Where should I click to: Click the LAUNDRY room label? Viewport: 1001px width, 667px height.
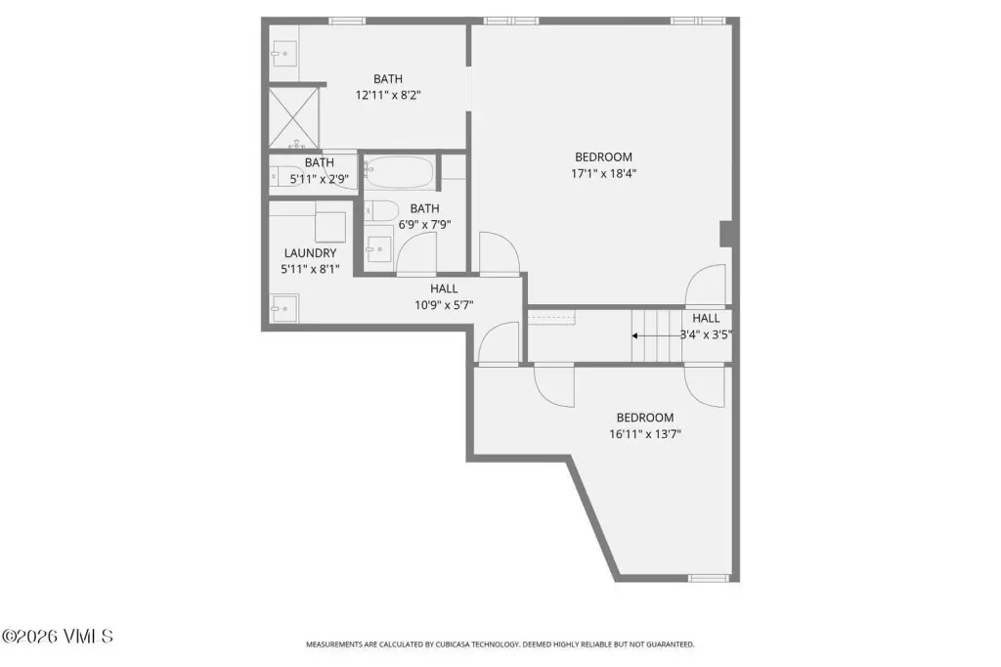tap(310, 253)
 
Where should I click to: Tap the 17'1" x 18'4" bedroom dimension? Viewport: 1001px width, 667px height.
tap(604, 173)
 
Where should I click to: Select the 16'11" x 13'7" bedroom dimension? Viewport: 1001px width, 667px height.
tap(645, 434)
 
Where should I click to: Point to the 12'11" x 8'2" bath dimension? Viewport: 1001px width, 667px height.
tap(388, 95)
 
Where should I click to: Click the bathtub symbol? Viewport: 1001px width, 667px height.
tap(400, 172)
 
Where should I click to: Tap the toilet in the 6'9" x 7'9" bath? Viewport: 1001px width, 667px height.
tap(381, 210)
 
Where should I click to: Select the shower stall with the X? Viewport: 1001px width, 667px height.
tap(293, 117)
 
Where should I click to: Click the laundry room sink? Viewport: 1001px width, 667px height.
tap(284, 309)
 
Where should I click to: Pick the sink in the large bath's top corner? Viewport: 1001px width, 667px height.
tap(284, 54)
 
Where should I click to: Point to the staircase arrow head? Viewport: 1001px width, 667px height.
tap(635, 335)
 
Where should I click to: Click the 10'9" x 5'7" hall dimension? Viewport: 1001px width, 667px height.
tap(445, 305)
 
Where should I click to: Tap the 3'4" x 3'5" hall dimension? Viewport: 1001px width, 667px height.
tap(706, 334)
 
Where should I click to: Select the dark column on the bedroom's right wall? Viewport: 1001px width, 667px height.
tap(726, 234)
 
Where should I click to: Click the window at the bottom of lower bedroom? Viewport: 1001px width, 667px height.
tap(708, 578)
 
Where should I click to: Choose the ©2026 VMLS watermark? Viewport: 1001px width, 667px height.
tap(58, 637)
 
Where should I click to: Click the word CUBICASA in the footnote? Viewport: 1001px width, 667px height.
tap(454, 645)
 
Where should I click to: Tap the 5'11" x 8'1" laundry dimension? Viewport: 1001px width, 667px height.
tap(310, 270)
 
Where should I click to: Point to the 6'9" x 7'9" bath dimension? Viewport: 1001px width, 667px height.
tap(425, 225)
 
